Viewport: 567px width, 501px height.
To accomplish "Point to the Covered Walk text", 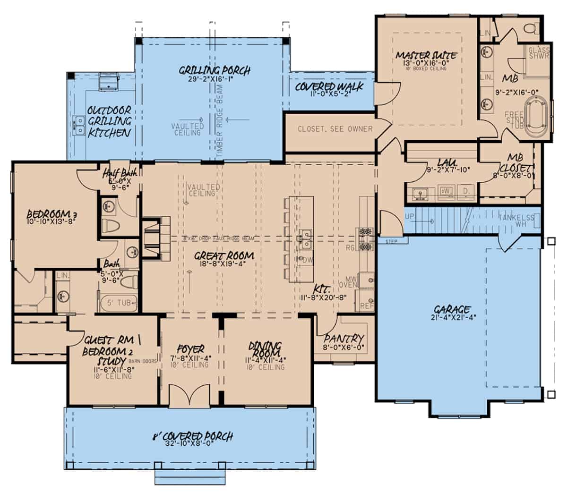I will click(329, 87).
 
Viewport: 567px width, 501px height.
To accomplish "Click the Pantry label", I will click(344, 339).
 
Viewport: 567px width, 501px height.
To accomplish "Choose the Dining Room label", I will click(265, 350).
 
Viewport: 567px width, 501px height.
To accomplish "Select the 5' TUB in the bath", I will click(119, 302).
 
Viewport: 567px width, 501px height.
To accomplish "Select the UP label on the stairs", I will click(409, 216).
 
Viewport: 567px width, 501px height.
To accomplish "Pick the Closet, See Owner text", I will click(335, 129).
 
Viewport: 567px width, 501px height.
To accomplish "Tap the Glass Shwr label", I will click(538, 53).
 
